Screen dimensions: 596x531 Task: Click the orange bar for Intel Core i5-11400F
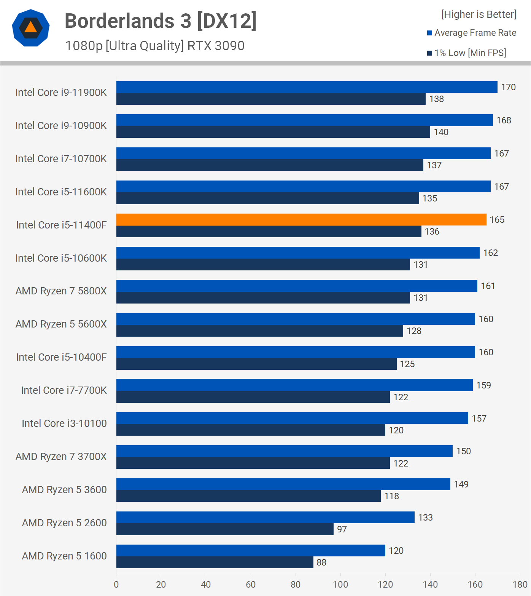tap(301, 219)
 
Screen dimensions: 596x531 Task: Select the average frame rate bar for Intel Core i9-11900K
tap(307, 87)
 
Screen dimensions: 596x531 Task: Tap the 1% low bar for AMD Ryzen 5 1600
tap(215, 562)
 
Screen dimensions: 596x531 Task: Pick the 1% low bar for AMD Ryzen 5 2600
tap(225, 529)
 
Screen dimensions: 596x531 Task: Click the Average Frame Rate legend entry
tap(472, 33)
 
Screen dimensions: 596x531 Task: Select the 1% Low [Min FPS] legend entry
tap(467, 53)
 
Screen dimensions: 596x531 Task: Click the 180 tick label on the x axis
tap(520, 585)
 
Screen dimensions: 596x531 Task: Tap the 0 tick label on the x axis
tap(116, 585)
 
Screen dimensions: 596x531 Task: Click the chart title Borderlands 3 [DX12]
tap(161, 21)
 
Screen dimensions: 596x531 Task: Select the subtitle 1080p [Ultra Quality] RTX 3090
tap(155, 46)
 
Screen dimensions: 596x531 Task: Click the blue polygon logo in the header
tap(31, 28)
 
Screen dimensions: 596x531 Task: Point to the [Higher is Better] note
tap(479, 14)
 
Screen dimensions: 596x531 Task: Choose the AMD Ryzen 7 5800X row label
tap(61, 291)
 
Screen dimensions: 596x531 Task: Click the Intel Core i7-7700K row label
tap(64, 390)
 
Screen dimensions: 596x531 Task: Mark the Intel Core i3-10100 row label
tap(64, 423)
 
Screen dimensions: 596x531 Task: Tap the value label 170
tap(508, 87)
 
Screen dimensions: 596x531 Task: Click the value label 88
tap(321, 562)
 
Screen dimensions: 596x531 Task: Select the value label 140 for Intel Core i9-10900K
tap(441, 132)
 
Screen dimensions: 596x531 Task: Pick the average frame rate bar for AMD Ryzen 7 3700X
tap(285, 451)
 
